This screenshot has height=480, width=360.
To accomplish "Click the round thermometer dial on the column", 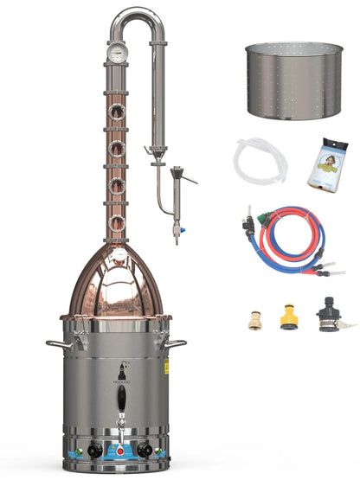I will [115, 49].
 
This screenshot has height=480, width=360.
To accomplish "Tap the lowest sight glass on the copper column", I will [117, 222].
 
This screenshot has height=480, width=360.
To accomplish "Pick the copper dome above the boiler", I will [116, 285].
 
